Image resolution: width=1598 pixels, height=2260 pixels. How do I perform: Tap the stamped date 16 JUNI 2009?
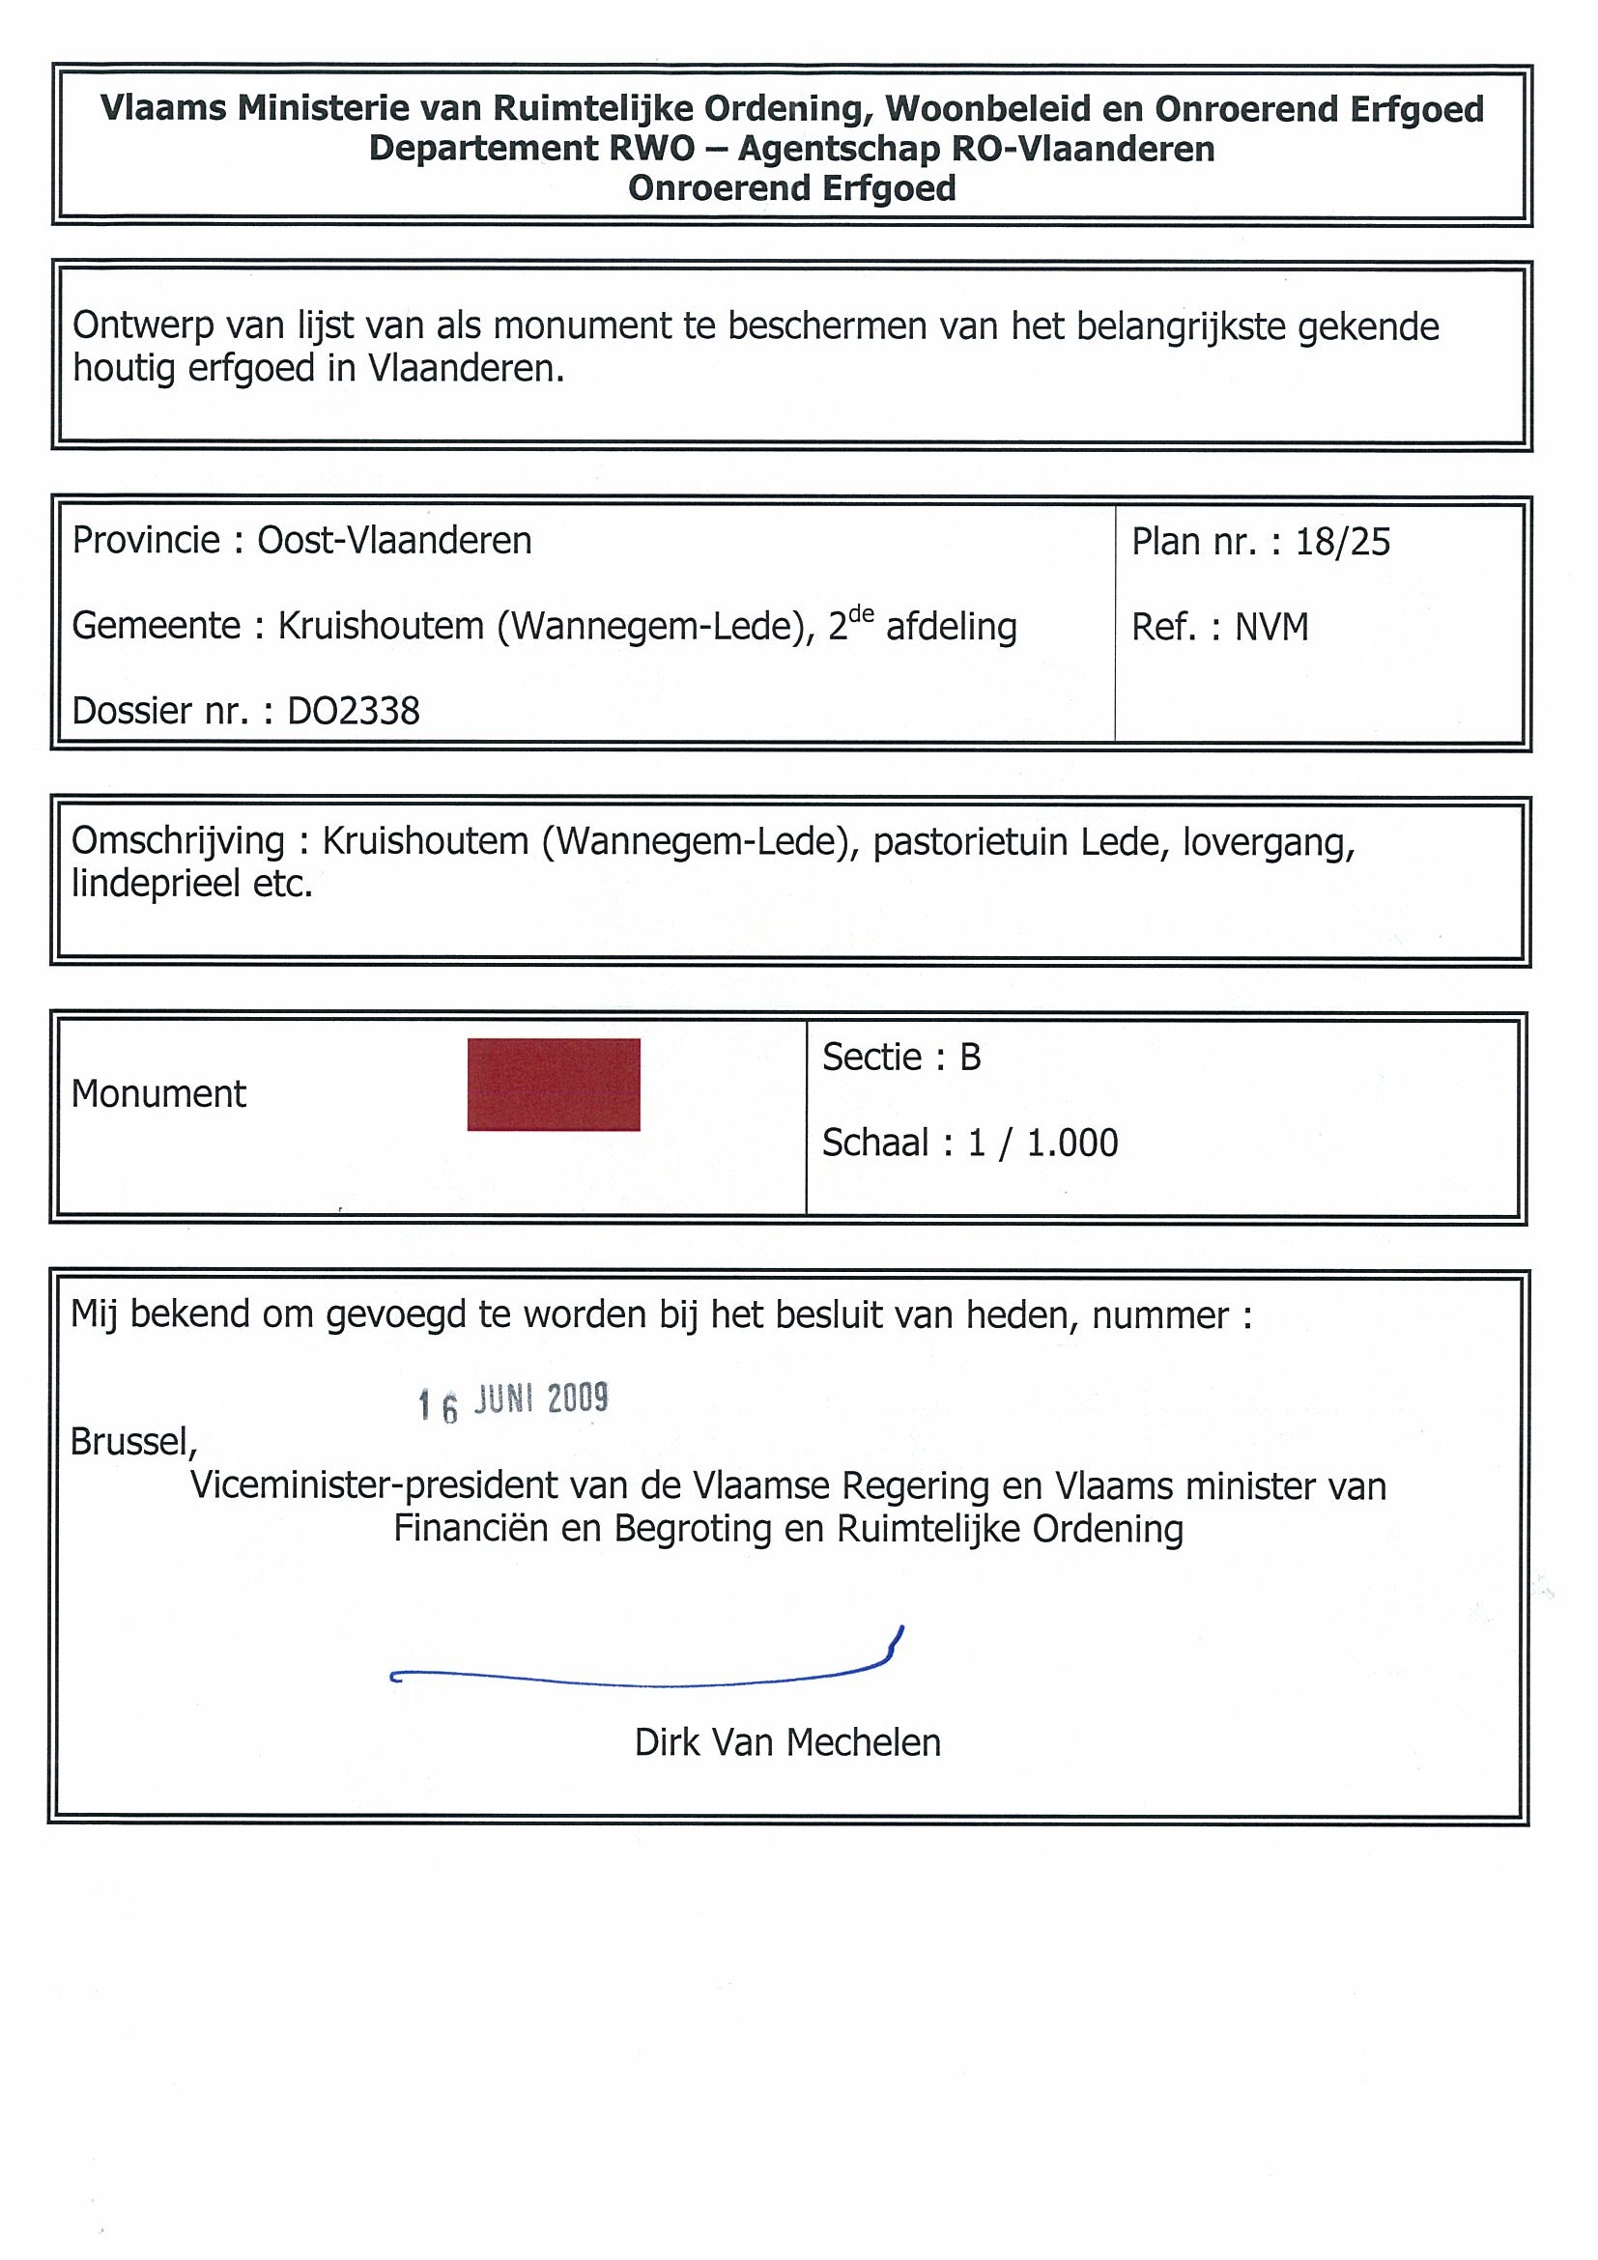(x=513, y=1401)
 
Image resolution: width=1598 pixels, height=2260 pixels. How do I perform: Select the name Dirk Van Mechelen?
(x=787, y=1743)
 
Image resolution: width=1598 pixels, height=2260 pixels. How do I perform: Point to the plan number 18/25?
(x=1342, y=543)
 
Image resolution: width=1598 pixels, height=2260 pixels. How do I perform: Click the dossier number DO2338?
(x=354, y=711)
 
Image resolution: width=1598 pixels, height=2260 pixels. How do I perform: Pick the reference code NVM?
(x=1272, y=627)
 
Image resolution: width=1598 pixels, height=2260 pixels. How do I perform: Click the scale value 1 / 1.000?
(x=1042, y=1143)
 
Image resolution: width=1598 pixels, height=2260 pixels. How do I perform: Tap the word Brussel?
(x=133, y=1442)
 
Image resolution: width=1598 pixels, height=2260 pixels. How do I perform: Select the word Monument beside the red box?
(x=158, y=1093)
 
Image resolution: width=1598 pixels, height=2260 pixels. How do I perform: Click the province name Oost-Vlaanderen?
(x=394, y=541)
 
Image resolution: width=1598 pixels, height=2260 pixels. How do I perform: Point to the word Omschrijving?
(x=177, y=841)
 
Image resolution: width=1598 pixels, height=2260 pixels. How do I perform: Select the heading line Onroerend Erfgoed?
(x=791, y=188)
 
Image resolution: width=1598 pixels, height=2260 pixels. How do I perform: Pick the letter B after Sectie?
(x=970, y=1058)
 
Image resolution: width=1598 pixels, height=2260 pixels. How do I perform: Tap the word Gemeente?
(x=156, y=626)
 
